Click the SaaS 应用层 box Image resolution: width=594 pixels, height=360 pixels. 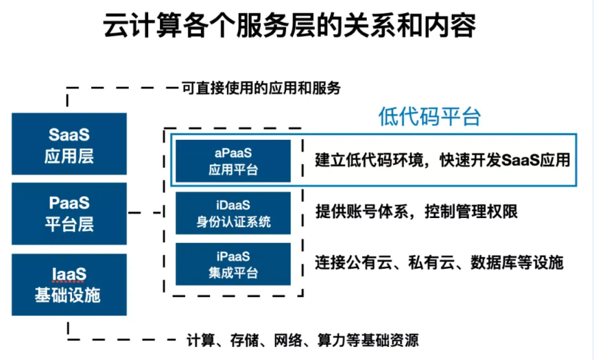pos(69,144)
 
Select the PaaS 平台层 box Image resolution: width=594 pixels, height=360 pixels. pos(69,213)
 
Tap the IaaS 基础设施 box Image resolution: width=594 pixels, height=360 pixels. pos(69,285)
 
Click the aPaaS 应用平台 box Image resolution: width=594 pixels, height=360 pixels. pos(233,161)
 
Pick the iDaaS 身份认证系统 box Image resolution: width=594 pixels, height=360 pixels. pos(233,213)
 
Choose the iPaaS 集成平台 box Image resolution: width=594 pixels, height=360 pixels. pos(233,264)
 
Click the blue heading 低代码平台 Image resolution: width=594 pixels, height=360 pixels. pos(430,116)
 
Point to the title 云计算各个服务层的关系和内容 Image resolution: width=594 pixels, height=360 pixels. pos(289,26)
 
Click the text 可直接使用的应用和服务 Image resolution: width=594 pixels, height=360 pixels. pos(261,88)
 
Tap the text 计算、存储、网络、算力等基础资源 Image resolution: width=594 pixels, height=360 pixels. pos(302,340)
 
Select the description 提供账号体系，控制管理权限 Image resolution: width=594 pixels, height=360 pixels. pos(416,212)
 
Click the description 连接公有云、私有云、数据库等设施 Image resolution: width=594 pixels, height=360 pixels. pos(439,263)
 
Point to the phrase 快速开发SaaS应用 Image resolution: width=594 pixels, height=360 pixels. pos(505,160)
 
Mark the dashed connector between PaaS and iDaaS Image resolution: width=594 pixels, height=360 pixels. pos(145,213)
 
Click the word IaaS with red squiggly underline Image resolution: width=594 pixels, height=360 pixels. pos(69,274)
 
